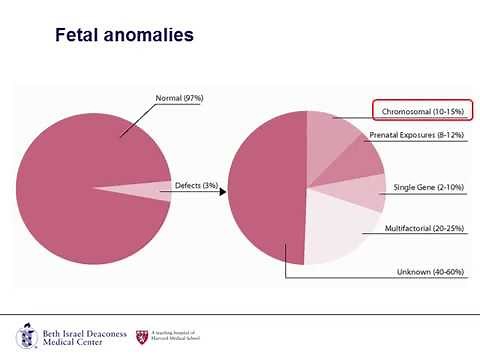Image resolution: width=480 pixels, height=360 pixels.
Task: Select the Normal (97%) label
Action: point(180,98)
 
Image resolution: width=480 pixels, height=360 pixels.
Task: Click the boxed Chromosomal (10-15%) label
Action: point(421,109)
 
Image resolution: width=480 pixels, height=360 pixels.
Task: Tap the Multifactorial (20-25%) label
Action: point(425,227)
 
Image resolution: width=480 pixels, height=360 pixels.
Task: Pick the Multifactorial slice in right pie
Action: point(340,227)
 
